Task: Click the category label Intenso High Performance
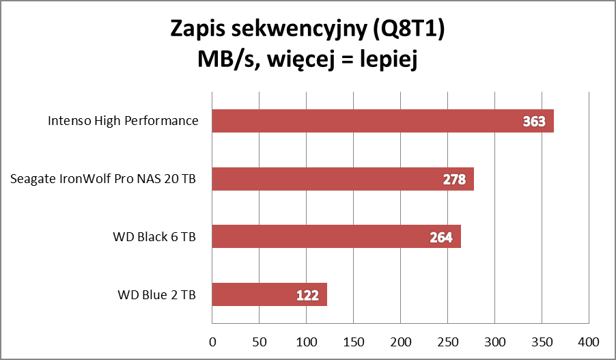[123, 122]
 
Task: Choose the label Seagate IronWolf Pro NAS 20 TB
[104, 180]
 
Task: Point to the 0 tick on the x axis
[212, 340]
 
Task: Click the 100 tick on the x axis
[307, 340]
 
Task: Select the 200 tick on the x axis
[401, 340]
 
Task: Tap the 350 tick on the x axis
[542, 340]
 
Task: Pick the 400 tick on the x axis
[589, 340]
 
